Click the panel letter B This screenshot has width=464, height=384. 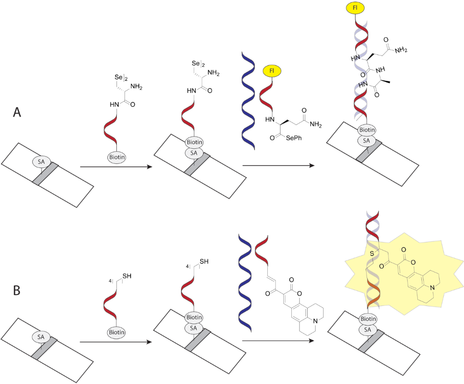[x=17, y=290]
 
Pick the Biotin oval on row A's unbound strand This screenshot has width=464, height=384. [x=117, y=157]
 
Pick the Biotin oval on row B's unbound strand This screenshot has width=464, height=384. [x=117, y=332]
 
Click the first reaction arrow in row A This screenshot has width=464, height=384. [x=115, y=167]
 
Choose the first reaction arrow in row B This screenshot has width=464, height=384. [x=115, y=342]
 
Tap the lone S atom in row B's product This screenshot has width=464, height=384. [x=371, y=252]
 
